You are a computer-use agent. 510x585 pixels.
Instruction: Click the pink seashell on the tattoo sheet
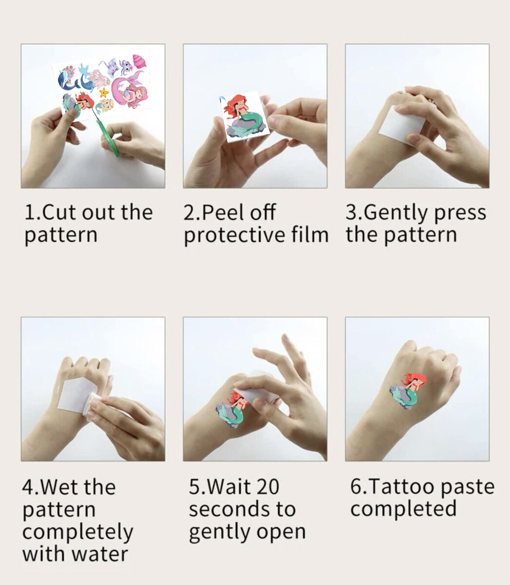pos(139,61)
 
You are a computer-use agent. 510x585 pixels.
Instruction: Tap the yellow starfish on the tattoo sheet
pos(104,92)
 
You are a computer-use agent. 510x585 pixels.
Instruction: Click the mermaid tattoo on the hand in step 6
pos(407,390)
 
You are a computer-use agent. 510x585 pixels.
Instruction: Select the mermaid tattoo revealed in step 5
pos(232,409)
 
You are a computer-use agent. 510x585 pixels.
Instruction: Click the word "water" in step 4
pos(100,554)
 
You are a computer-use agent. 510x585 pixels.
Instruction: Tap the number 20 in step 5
pos(266,487)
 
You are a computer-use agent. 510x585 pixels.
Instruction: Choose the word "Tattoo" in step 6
pos(402,487)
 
